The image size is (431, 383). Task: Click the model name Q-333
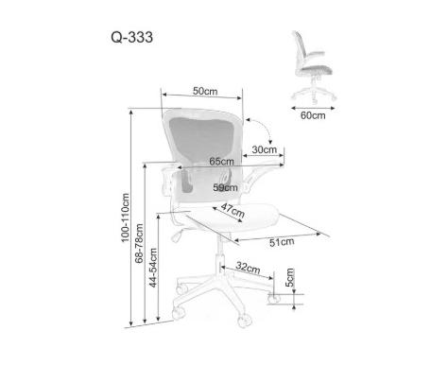pos(131,37)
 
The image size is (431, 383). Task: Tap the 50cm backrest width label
pos(205,91)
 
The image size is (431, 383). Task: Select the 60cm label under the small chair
pos(313,115)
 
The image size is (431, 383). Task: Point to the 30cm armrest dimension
pos(265,149)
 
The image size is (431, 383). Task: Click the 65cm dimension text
pos(222,162)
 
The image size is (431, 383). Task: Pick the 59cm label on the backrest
pos(225,187)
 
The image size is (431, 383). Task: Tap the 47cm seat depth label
pos(233,210)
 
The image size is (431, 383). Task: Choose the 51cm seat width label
pos(282,242)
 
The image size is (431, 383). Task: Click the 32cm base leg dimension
pos(249,268)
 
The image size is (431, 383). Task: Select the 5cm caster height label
pos(289,277)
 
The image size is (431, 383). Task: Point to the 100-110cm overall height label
pos(126,218)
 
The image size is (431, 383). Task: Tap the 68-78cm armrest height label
pos(139,243)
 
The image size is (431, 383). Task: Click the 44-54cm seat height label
pos(153,268)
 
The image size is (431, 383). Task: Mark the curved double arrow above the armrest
pos(265,126)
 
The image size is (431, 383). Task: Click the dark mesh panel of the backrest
pos(201,140)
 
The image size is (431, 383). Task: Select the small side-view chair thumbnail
pos(314,67)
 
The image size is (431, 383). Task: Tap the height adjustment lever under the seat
pos(178,235)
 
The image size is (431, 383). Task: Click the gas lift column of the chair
pos(220,254)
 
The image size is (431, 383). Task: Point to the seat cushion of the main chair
pos(233,218)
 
